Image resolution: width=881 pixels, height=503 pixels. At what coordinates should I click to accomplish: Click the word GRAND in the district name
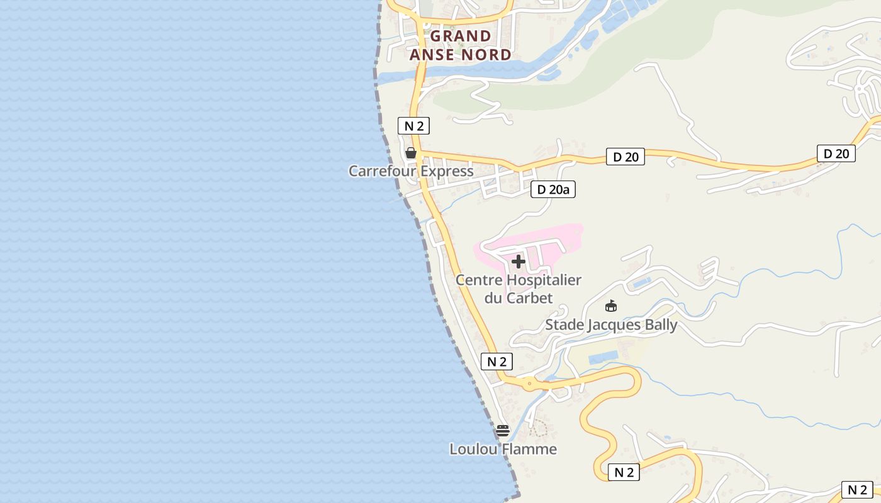460,36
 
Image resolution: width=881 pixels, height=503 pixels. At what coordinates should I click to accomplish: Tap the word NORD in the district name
486,55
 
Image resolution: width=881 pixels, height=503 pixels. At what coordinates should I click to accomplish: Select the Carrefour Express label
411,171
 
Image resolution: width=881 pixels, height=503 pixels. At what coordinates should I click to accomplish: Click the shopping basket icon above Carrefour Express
411,153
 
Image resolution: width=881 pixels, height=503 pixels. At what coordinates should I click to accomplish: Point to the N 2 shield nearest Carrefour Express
413,126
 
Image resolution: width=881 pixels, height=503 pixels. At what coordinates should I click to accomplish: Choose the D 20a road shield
553,189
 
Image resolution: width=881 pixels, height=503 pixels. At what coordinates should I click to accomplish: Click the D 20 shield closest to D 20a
626,157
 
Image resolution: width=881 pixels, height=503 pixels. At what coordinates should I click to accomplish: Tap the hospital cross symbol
519,262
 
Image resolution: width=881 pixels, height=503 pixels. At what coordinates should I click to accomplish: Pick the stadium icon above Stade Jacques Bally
610,306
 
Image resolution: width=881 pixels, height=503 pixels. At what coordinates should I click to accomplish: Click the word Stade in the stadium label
564,325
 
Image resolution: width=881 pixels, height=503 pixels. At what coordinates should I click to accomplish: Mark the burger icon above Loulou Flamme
502,431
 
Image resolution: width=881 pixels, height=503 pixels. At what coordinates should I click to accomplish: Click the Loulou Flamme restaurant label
503,449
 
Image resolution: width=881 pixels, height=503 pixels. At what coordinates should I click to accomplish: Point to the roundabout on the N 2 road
530,382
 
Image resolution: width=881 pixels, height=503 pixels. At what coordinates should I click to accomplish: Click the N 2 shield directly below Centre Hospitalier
497,362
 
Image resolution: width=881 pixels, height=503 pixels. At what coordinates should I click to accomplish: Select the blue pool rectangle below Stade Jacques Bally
602,358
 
